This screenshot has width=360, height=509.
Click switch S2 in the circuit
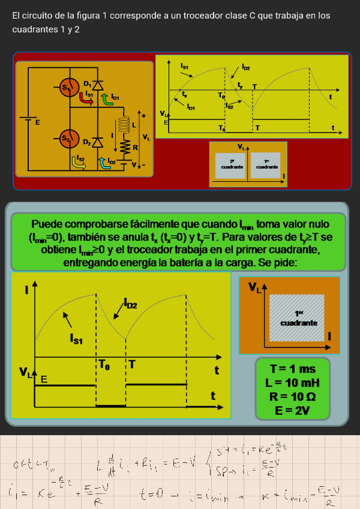tap(68, 140)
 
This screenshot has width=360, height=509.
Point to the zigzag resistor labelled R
tap(125, 147)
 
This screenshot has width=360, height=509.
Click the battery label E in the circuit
tap(37, 122)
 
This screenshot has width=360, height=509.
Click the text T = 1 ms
tap(292, 369)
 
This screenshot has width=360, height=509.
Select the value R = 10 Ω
tap(292, 397)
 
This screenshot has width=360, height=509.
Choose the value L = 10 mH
tap(292, 383)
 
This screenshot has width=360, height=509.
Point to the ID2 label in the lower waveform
tap(130, 305)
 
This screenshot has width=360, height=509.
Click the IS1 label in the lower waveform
tap(77, 340)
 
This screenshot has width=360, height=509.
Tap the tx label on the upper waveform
tap(185, 94)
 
